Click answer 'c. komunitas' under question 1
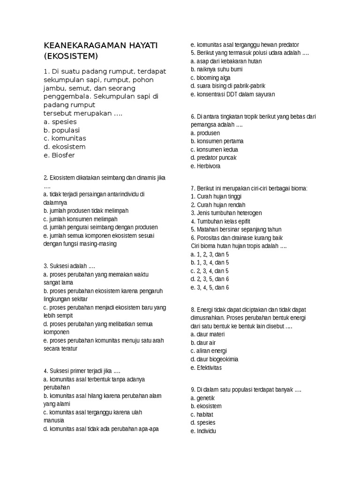pos(65,138)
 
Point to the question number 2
pos(45,178)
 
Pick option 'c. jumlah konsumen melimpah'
pos(80,219)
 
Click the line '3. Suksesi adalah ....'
pos(69,266)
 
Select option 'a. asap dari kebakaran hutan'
pos(226,61)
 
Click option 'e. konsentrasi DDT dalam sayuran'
pos(232,94)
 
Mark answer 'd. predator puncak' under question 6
pos(213,157)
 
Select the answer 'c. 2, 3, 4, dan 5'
pos(210,271)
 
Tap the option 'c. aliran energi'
pos(209,351)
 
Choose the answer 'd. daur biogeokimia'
pos(214,359)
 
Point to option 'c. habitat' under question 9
pos(202,415)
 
